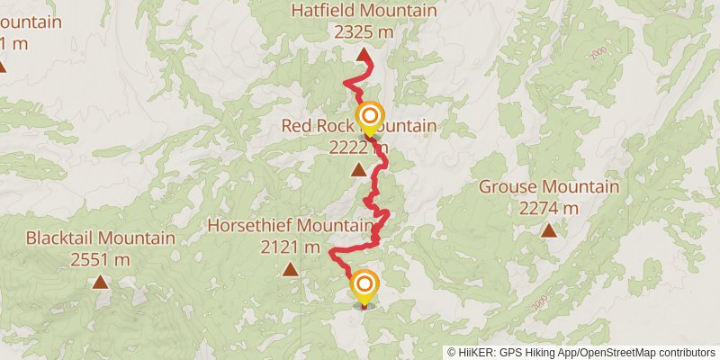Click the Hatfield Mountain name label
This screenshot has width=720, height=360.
(364, 11)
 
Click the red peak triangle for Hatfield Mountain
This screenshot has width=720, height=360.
(364, 55)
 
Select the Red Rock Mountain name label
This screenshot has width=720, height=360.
(358, 126)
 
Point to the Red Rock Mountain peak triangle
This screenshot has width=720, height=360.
(358, 169)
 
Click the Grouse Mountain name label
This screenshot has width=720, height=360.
(549, 187)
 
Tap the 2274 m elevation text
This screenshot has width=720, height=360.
(549, 208)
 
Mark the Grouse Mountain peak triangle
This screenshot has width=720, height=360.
(549, 230)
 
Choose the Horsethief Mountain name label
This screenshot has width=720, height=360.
(290, 225)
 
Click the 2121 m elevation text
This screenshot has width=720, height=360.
(290, 246)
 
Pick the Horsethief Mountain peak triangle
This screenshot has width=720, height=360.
(290, 269)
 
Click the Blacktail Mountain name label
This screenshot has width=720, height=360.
(100, 238)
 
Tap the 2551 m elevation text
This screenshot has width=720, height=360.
(100, 259)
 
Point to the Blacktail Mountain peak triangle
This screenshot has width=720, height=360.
(100, 282)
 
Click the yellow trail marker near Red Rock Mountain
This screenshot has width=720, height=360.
(369, 116)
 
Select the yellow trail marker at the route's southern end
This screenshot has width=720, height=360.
(364, 285)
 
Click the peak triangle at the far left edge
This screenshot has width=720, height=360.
(3, 66)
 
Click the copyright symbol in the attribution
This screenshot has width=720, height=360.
(452, 352)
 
